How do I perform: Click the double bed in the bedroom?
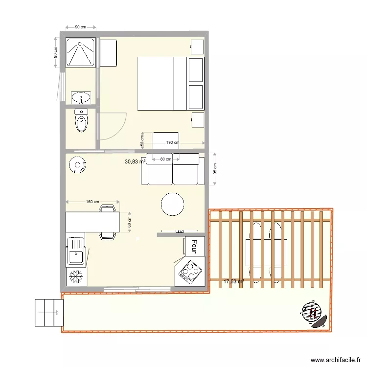pyautogui.click(x=162, y=83)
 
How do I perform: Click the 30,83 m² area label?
pyautogui.click(x=135, y=161)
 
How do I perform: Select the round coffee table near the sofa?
pyautogui.click(x=173, y=204)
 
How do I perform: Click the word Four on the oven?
pyautogui.click(x=194, y=246)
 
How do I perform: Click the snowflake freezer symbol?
pyautogui.click(x=75, y=276)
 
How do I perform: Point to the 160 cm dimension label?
pyautogui.click(x=92, y=202)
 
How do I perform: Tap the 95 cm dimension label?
pyautogui.click(x=215, y=169)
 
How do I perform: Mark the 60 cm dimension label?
pyautogui.click(x=129, y=223)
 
